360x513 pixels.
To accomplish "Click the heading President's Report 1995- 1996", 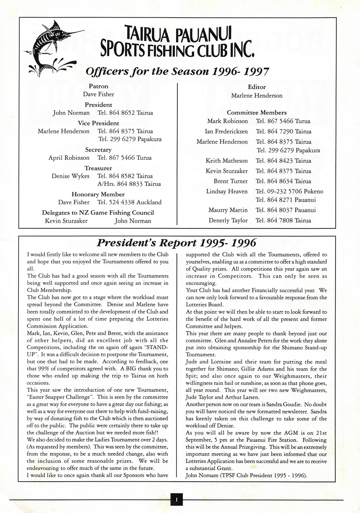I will (176, 243).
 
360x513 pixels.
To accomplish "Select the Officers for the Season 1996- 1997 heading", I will (177, 72).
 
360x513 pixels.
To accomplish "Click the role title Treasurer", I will (98, 168).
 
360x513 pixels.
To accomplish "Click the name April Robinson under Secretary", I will (69, 158).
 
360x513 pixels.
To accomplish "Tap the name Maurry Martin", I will (228, 210).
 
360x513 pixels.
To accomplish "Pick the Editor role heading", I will (257, 87).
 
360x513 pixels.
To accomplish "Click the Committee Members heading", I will (257, 113).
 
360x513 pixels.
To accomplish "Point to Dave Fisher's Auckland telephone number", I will (129, 202).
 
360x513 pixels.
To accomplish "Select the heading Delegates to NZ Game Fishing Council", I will (98, 213).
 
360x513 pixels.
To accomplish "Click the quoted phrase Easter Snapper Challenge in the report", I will (59, 397).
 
